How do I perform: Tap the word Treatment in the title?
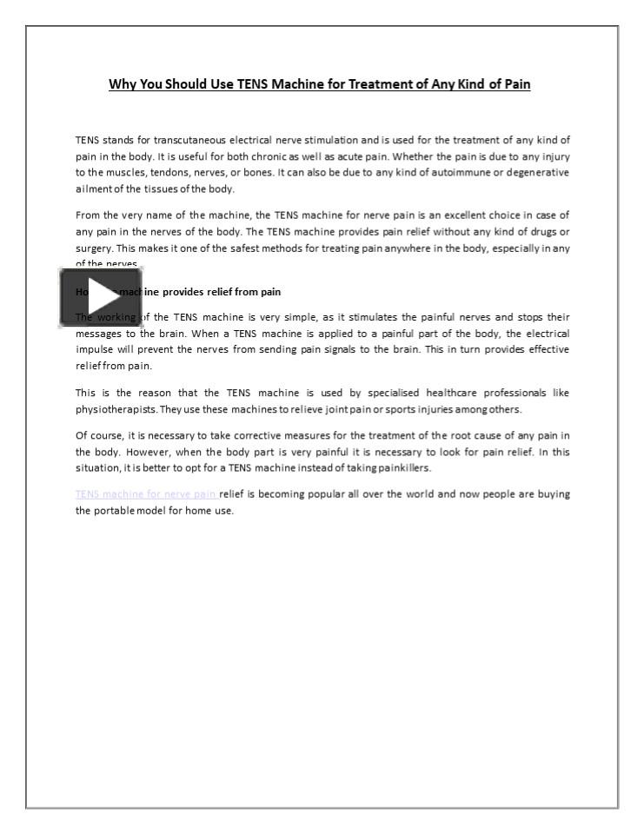[x=386, y=84]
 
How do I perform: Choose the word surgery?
[x=93, y=247]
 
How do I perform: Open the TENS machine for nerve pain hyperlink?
[x=146, y=493]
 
